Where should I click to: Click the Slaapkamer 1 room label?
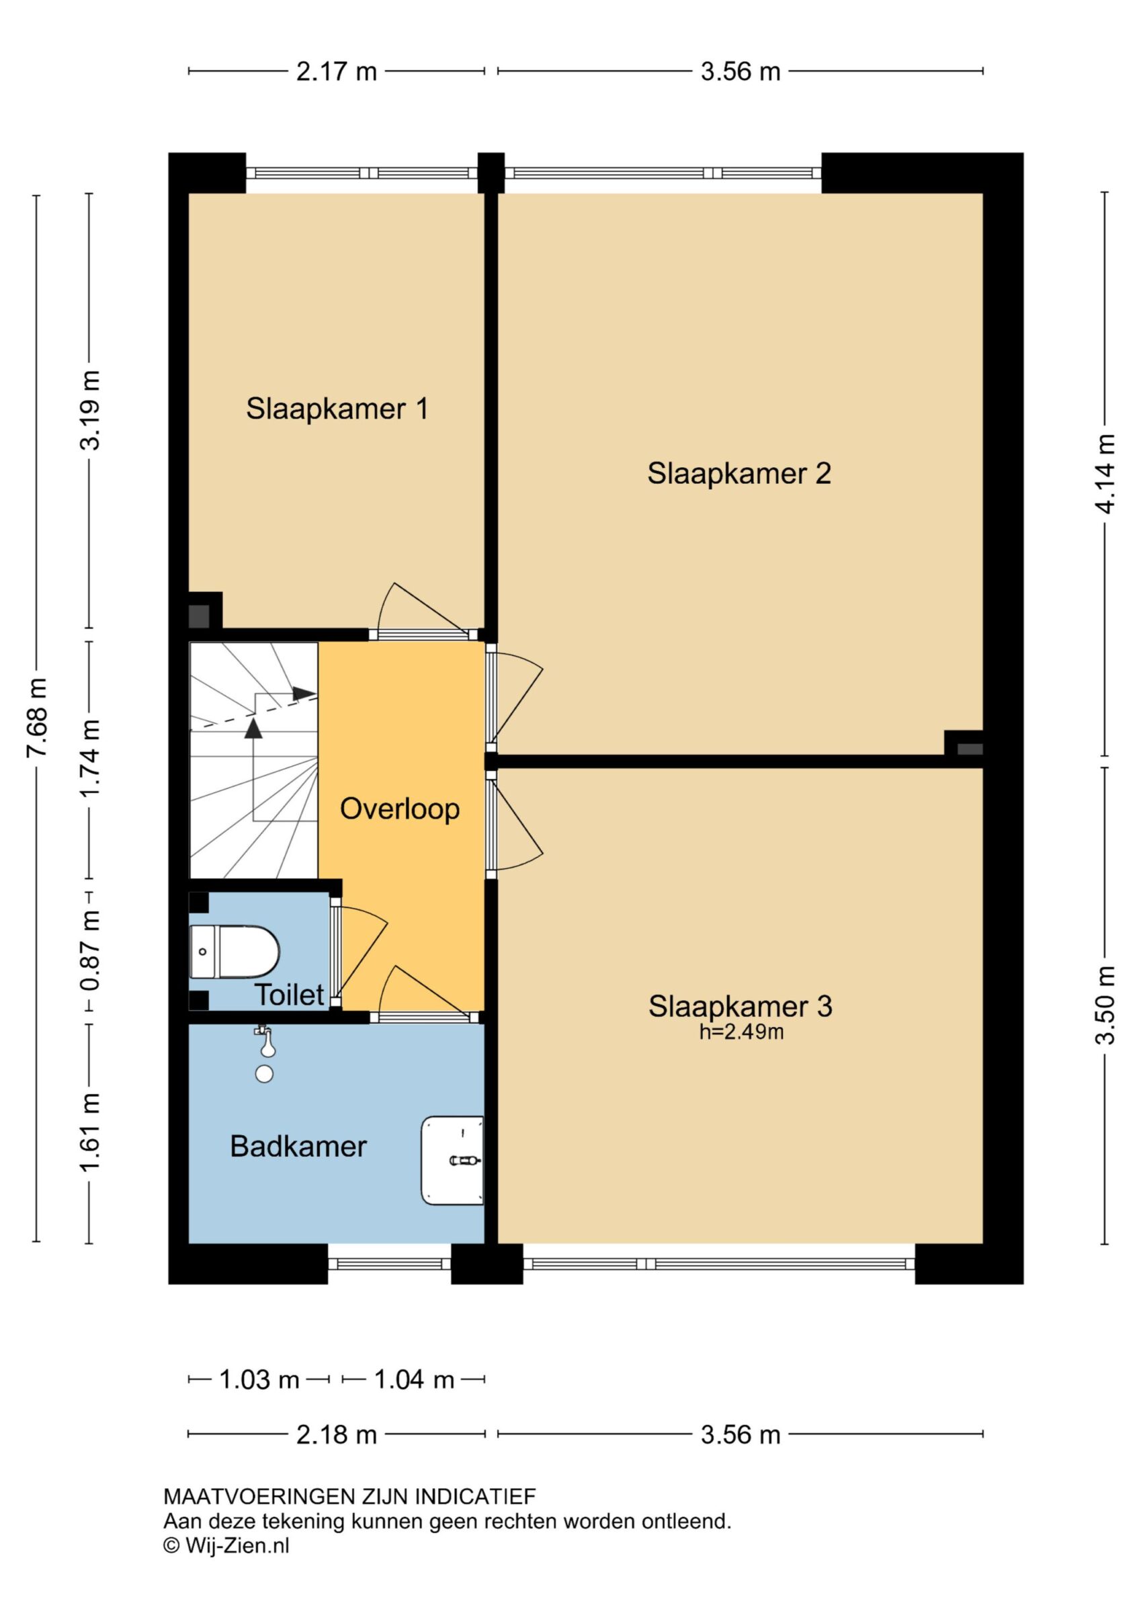(x=337, y=409)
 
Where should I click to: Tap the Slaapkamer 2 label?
(x=739, y=474)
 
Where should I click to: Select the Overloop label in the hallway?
(x=400, y=809)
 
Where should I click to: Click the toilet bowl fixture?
(x=235, y=952)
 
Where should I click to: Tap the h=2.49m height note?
(x=741, y=1032)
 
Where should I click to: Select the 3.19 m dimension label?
(x=90, y=410)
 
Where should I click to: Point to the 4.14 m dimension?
(x=1105, y=474)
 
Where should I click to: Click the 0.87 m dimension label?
(x=90, y=950)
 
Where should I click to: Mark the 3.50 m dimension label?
(x=1105, y=1005)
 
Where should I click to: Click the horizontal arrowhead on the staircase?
(x=304, y=694)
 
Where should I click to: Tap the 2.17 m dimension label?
(x=337, y=71)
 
